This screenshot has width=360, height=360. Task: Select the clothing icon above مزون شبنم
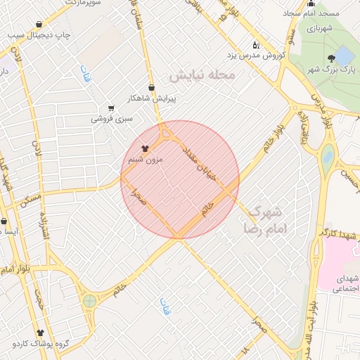(x=145, y=148)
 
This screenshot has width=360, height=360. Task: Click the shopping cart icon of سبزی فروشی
(x=111, y=108)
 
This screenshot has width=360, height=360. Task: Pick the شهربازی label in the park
(x=321, y=28)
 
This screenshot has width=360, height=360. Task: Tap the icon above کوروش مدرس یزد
(x=255, y=44)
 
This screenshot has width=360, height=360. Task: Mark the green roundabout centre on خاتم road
(x=89, y=302)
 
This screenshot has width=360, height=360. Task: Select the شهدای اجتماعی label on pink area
(x=345, y=284)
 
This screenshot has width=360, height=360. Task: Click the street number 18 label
(x=245, y=349)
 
